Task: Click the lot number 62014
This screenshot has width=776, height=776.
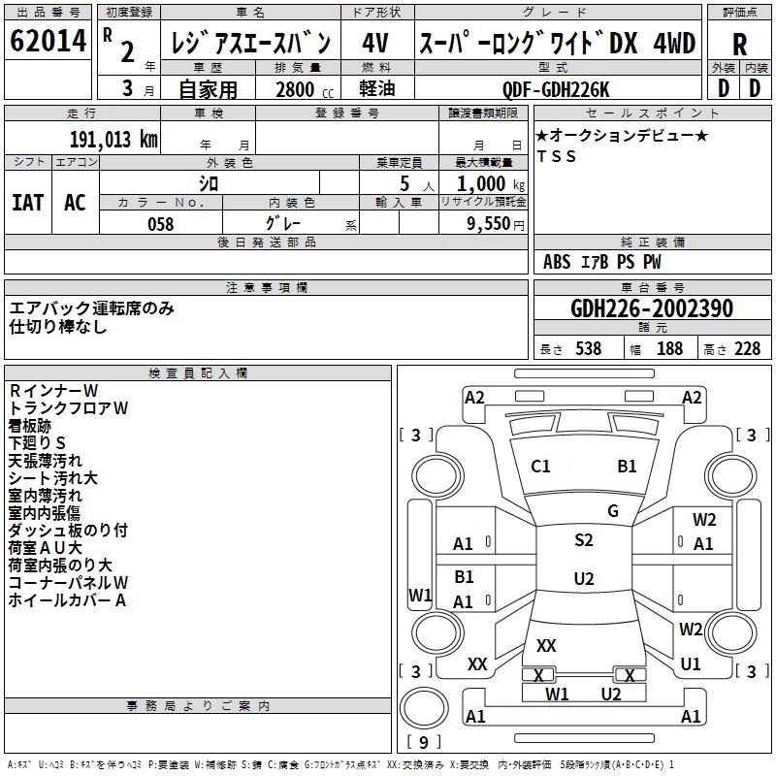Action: [x=48, y=40]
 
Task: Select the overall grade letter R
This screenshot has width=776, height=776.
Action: [x=739, y=45]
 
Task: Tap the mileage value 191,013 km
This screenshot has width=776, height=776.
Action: [x=113, y=140]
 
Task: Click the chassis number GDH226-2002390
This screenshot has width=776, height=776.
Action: [x=652, y=307]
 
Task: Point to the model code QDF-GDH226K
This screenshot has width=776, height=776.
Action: [x=556, y=89]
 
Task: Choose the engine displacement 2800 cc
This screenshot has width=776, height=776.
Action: [x=305, y=89]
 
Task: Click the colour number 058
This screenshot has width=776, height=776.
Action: [x=161, y=224]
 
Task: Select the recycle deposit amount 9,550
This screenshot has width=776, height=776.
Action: [x=488, y=224]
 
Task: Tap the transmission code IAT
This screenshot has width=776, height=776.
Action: [x=28, y=203]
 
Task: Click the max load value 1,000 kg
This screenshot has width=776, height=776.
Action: [x=491, y=184]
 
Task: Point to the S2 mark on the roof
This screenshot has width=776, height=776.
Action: [x=584, y=540]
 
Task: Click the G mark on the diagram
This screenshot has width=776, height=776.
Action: [x=613, y=510]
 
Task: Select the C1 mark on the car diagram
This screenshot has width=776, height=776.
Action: [x=540, y=467]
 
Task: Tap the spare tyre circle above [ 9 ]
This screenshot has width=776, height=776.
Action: [x=424, y=708]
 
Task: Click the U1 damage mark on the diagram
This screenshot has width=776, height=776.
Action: [x=691, y=664]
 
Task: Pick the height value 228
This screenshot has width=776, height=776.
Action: [x=747, y=348]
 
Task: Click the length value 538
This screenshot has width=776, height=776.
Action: [x=589, y=348]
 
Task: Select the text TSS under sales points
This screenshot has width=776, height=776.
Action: [x=556, y=156]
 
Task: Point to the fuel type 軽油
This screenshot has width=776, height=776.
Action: [x=377, y=88]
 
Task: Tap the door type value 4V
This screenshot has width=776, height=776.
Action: [x=375, y=43]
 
